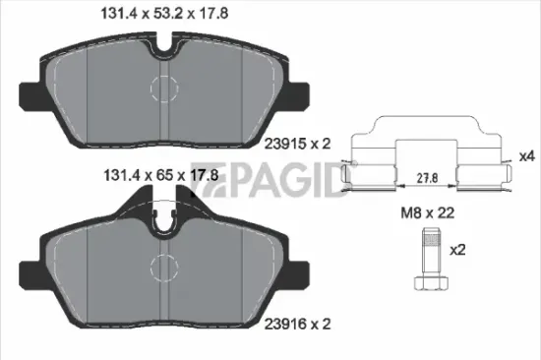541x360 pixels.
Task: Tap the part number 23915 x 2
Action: [296, 143]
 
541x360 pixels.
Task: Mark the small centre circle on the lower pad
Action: [160, 266]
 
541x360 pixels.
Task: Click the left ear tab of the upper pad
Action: [33, 95]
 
